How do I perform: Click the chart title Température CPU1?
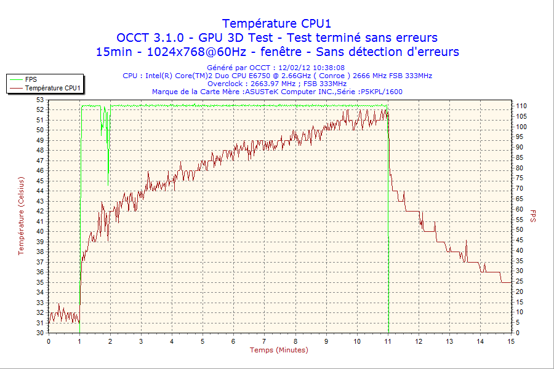coord(277,23)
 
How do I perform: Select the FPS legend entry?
coord(31,79)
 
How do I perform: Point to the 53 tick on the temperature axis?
coord(40,100)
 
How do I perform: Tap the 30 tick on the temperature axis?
coord(40,333)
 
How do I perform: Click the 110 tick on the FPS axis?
coord(521,106)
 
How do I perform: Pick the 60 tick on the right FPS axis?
coord(519,209)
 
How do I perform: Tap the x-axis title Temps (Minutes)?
coord(279,350)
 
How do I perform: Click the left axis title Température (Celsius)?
coord(20,215)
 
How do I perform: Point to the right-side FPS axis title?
coord(533,215)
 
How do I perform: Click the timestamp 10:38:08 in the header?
coord(329,68)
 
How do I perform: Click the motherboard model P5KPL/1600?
coord(382,92)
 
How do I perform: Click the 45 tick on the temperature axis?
coord(40,180)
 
